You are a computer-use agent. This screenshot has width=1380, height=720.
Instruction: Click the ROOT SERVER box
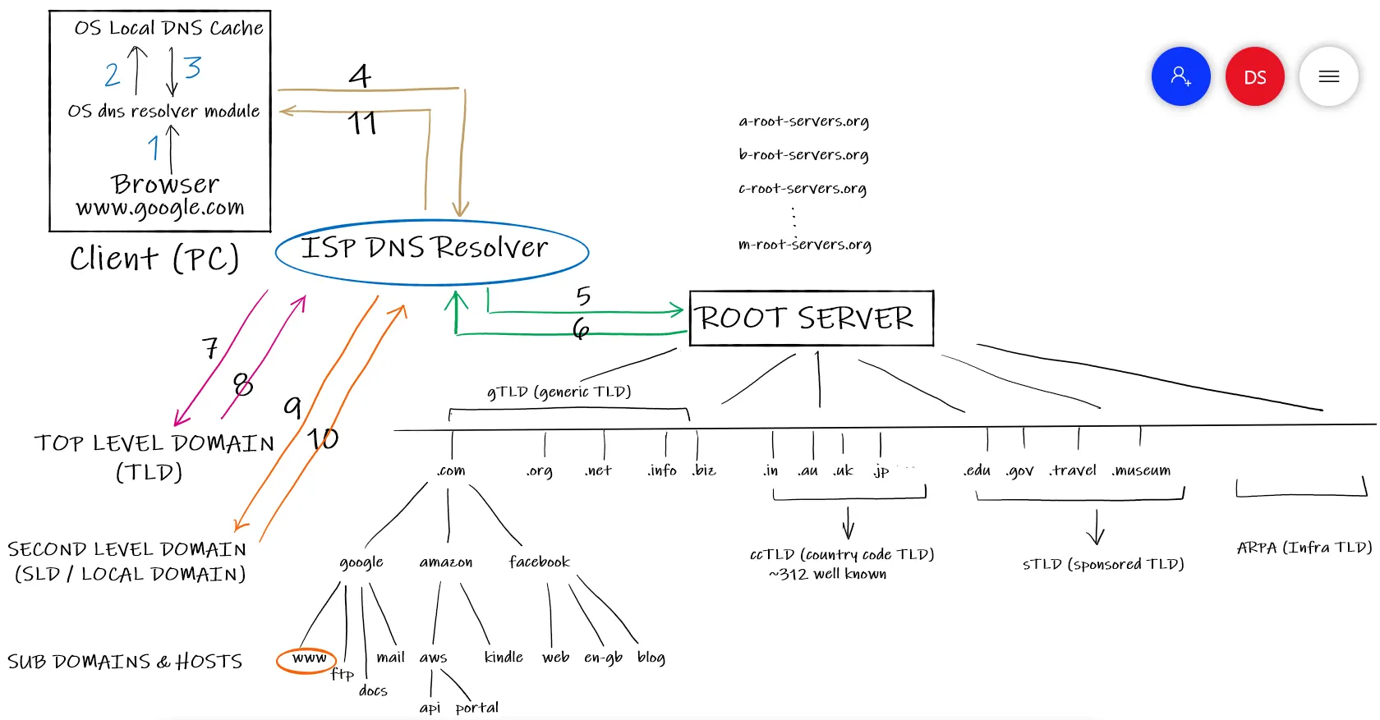coord(811,319)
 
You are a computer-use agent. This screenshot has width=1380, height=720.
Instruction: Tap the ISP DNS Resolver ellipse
coord(431,251)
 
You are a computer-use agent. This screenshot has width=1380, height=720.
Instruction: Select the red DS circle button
coord(1254,77)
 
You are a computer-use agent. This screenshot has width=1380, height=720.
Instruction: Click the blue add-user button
coord(1180,76)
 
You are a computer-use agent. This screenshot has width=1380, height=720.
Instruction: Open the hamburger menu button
coord(1328,77)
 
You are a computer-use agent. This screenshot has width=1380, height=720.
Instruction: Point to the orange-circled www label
coord(307,659)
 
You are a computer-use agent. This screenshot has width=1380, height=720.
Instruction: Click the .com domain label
coord(451,470)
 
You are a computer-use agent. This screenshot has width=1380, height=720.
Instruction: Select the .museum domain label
coord(1141,470)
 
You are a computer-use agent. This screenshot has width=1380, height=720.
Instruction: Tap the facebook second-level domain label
coord(539,562)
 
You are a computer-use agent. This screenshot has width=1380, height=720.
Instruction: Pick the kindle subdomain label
coord(504,657)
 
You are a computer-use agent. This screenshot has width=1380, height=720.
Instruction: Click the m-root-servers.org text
coord(804,245)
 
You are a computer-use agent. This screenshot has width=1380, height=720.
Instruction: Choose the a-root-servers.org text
coord(803,122)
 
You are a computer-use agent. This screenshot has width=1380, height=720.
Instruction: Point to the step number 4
coord(360,76)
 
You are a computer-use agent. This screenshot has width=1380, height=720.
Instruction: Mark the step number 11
coord(361,124)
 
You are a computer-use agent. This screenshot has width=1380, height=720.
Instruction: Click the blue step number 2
coord(112,75)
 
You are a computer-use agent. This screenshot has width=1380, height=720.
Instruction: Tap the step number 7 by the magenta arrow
coord(210,348)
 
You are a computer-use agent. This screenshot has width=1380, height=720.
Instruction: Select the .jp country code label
coord(881,471)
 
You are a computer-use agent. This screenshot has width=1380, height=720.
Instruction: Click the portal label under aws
coord(476,708)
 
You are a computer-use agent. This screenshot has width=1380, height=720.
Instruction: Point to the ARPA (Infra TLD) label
coord(1304,548)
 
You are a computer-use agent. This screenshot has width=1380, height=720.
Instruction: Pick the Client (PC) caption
coord(154,259)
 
